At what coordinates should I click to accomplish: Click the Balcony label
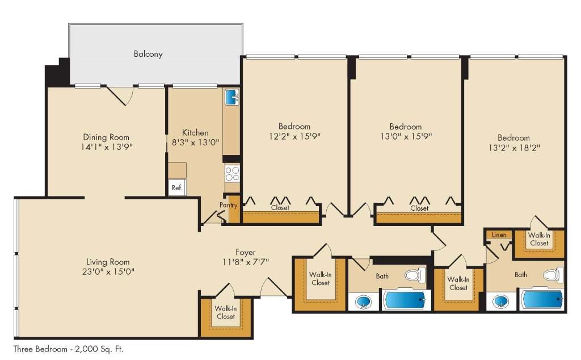pyautogui.click(x=148, y=54)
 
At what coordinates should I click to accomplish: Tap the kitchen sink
pyautogui.click(x=232, y=97)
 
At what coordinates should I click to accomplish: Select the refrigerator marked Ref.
pyautogui.click(x=177, y=187)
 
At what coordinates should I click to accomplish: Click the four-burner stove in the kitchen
pyautogui.click(x=232, y=174)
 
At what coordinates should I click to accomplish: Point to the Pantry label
pyautogui.click(x=228, y=205)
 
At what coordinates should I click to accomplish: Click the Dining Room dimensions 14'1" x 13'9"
pyautogui.click(x=107, y=147)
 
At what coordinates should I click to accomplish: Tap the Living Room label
pyautogui.click(x=108, y=262)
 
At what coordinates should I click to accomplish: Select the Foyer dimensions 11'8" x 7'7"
pyautogui.click(x=246, y=262)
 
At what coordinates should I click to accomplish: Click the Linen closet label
pyautogui.click(x=499, y=235)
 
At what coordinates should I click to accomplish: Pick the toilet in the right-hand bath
pyautogui.click(x=553, y=275)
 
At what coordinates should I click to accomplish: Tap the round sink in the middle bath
pyautogui.click(x=363, y=302)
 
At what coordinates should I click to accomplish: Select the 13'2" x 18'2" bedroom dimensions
pyautogui.click(x=514, y=148)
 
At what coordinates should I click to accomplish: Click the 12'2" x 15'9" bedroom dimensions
pyautogui.click(x=295, y=136)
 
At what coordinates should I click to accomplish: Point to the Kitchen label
pyautogui.click(x=195, y=133)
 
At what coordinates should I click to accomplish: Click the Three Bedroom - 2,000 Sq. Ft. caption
pyautogui.click(x=68, y=349)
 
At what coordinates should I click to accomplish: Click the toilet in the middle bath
pyautogui.click(x=415, y=275)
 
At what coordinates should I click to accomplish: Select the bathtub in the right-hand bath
pyautogui.click(x=542, y=300)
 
